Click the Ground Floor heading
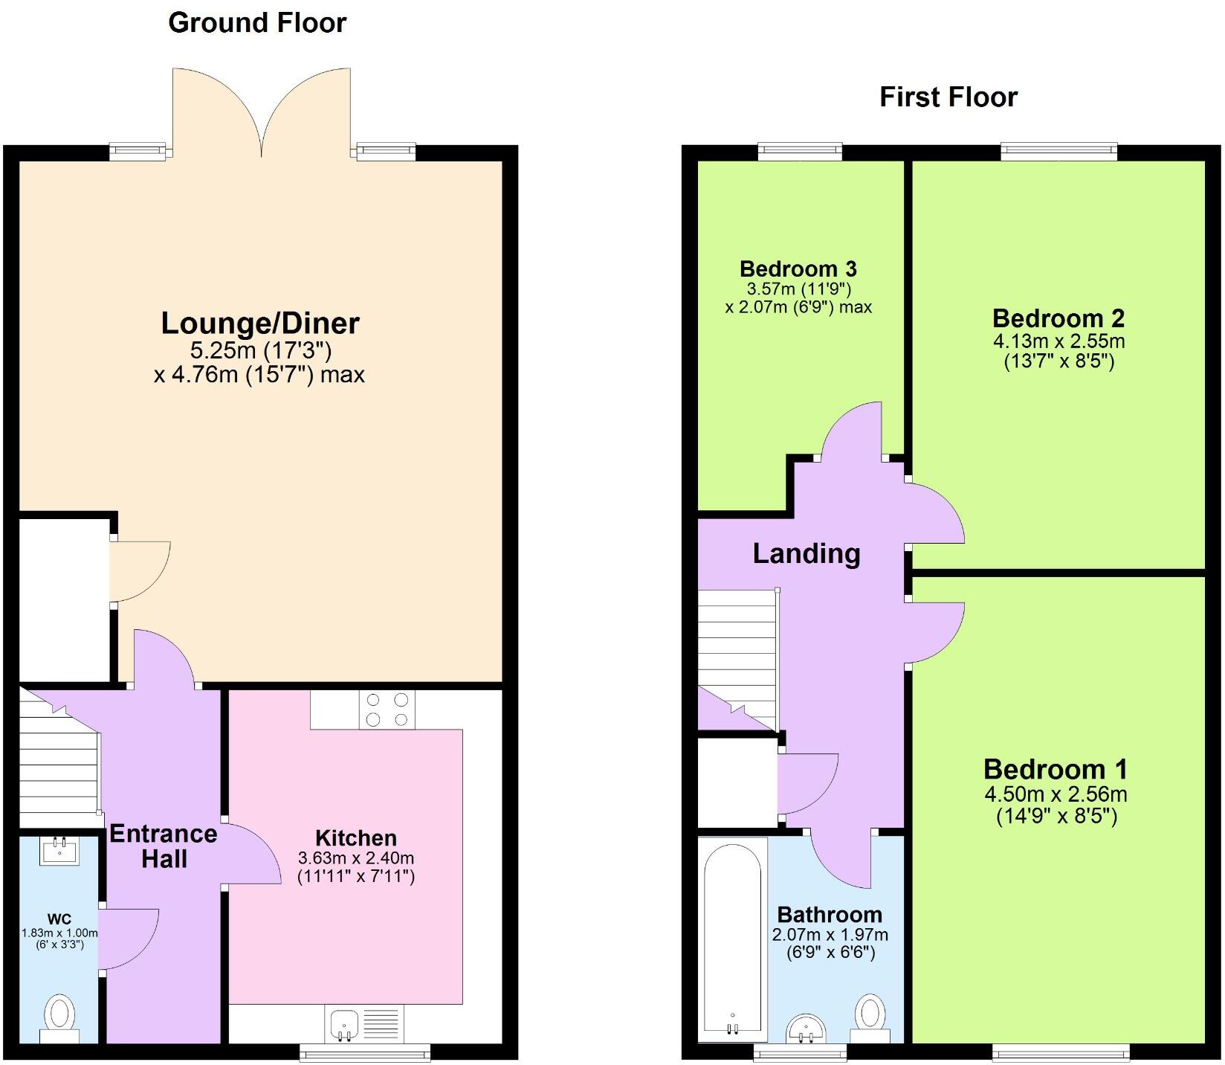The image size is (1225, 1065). click(257, 22)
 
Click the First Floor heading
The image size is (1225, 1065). click(948, 97)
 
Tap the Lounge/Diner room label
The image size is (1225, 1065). click(260, 323)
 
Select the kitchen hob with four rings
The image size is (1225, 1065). click(387, 710)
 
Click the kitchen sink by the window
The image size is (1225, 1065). click(343, 1025)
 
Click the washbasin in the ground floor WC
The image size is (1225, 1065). click(59, 849)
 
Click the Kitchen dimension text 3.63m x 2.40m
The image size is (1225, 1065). click(355, 858)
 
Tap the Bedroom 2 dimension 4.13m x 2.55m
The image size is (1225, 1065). click(1058, 341)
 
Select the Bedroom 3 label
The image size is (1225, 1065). click(798, 268)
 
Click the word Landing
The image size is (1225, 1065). click(806, 553)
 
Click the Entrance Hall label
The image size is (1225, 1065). click(164, 846)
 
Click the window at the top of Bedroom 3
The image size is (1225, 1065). click(800, 152)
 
